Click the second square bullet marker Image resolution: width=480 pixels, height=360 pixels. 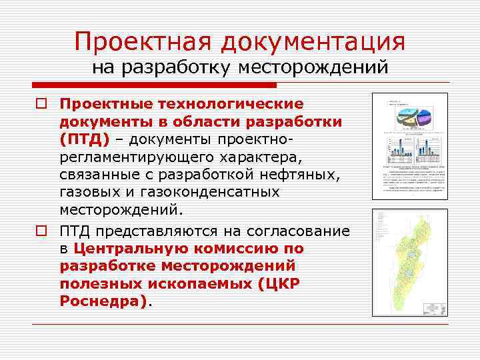point(41,231)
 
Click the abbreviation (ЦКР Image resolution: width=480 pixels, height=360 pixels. point(274,283)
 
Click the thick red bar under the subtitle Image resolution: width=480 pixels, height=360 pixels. point(154,85)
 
